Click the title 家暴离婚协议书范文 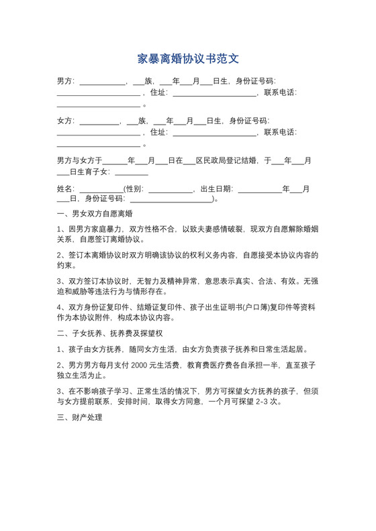point(188,58)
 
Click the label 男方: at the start point(66,82)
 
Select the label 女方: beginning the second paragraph point(66,121)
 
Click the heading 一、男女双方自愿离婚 point(95,215)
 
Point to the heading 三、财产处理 point(79,417)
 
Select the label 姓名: point(68,189)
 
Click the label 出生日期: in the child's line point(216,189)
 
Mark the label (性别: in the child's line point(134,189)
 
